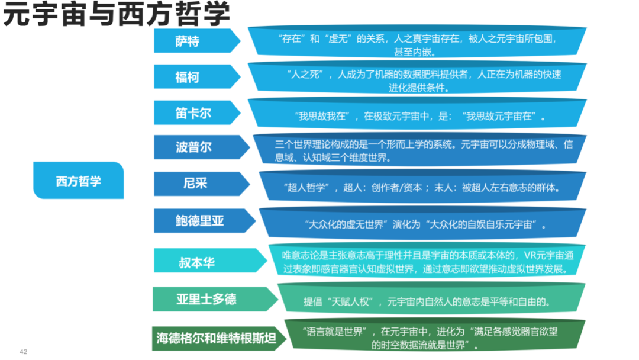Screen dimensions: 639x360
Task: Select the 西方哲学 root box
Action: [78, 181]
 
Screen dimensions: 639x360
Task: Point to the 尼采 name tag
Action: [195, 184]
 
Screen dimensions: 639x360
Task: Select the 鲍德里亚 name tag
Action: [200, 221]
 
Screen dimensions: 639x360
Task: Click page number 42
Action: [24, 352]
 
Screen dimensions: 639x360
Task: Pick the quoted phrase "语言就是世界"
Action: [335, 332]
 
